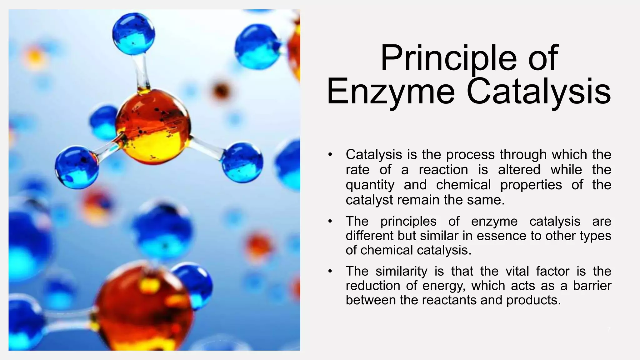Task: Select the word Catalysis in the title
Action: pyautogui.click(x=538, y=92)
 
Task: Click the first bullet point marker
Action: pyautogui.click(x=330, y=154)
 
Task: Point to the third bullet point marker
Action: pyautogui.click(x=330, y=271)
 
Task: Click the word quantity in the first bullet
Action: pyautogui.click(x=370, y=185)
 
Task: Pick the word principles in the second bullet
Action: pyautogui.click(x=408, y=221)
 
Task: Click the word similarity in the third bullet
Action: pyautogui.click(x=401, y=271)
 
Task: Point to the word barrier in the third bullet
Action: pyautogui.click(x=592, y=286)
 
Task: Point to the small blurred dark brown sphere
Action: pyautogui.click(x=222, y=91)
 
